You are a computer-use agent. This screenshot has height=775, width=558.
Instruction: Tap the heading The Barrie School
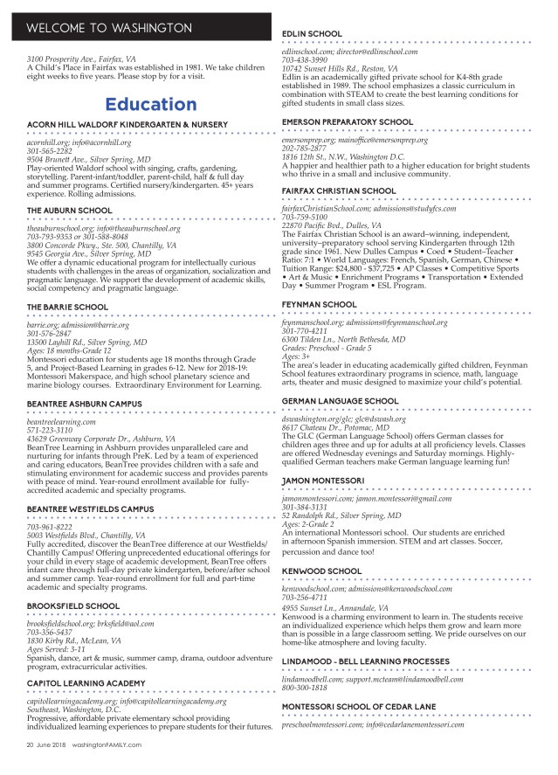pyautogui.click(x=65, y=307)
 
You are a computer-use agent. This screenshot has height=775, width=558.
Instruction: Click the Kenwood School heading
pyautogui.click(x=322, y=571)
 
